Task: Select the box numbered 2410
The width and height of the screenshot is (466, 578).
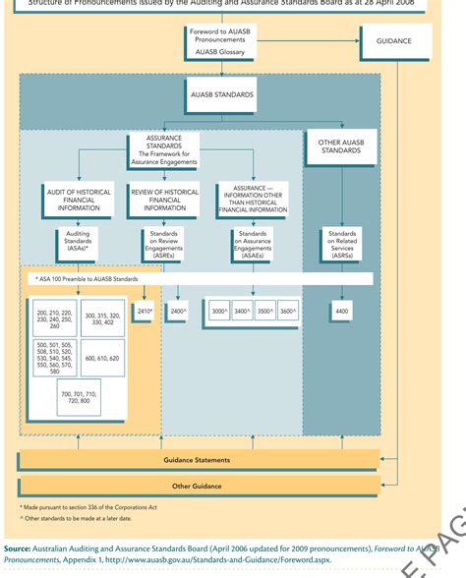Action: pos(146,312)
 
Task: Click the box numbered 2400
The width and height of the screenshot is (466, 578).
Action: pos(178,312)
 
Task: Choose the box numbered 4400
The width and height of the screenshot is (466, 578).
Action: pos(341,312)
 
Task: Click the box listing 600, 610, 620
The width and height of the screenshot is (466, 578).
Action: pos(103,359)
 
